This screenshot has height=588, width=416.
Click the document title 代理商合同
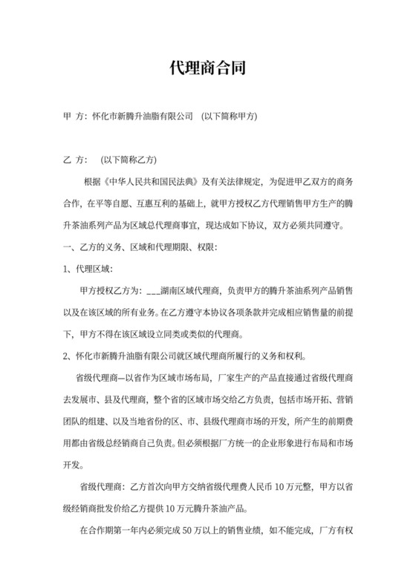(207, 68)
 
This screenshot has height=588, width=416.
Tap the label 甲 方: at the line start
(74, 117)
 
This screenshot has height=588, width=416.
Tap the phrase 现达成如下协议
(265, 223)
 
